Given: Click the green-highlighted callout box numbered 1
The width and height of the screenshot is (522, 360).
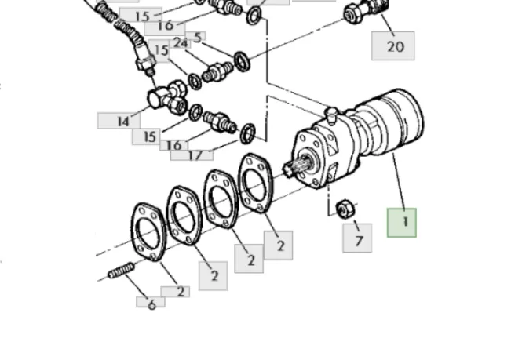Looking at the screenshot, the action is [x=401, y=223].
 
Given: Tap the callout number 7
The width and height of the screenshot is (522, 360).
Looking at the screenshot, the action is [x=357, y=238].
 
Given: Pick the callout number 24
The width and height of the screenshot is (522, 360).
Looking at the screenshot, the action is [x=181, y=43].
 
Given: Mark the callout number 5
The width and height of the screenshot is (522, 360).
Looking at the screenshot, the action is [x=196, y=37].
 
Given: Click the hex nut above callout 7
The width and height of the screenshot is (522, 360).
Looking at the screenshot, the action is [x=346, y=209].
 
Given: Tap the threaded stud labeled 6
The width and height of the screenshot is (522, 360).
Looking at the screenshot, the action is [x=122, y=271].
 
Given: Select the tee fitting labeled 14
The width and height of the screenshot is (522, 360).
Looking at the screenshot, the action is [x=167, y=96].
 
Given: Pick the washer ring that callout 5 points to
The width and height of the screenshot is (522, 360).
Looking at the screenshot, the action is [x=242, y=61].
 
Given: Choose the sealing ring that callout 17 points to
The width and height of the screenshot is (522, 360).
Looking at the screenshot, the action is [x=247, y=133].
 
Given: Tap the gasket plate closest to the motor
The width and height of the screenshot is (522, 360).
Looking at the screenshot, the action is [x=255, y=183].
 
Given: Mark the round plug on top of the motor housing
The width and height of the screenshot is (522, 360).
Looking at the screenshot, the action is [x=331, y=115].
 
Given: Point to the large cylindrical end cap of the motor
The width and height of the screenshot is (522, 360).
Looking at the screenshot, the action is [x=400, y=120].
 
